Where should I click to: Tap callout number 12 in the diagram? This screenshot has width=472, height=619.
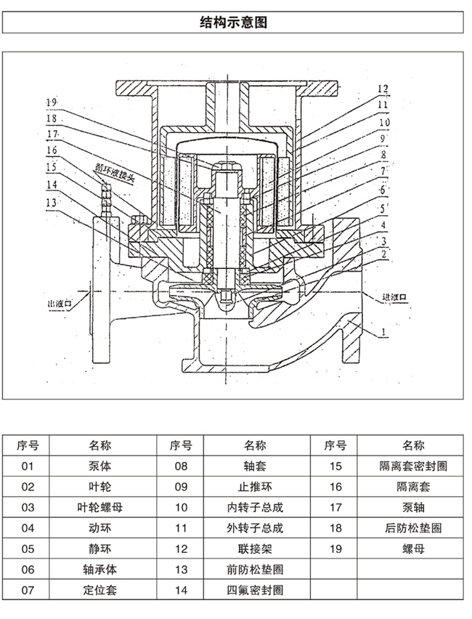pos(383,88)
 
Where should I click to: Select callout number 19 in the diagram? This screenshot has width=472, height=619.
pos(52,102)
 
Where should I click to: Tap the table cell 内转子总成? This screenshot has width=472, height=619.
pos(255,507)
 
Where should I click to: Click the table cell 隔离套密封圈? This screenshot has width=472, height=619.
pos(412,466)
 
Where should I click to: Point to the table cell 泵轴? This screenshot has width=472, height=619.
pos(412,507)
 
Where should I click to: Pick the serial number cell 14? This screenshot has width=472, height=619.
pos(181,590)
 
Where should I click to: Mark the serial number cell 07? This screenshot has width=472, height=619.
pos(28,590)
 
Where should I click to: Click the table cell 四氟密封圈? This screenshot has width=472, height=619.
pos(255,590)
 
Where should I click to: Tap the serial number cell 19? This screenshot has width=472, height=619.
pos(335,549)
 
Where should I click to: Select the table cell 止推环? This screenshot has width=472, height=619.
pos(255,486)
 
